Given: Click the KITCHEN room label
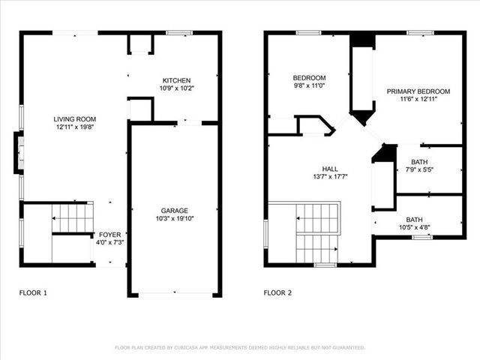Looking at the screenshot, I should [176, 80].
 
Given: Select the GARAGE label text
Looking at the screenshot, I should [174, 211].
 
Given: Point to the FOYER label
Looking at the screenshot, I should [109, 235].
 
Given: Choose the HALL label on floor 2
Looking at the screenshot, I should [330, 169].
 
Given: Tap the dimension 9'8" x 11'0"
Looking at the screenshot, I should [309, 86].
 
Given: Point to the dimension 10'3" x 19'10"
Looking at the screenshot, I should [174, 218].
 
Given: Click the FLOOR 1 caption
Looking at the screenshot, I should [33, 292].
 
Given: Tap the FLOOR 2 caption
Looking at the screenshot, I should [277, 292].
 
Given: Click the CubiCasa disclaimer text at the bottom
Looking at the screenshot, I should [240, 347].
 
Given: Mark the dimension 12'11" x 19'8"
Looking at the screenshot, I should [74, 127].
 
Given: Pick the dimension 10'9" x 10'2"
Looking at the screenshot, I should [176, 88].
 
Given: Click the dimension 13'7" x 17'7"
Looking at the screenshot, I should [330, 177].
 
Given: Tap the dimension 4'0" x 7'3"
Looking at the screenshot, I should [109, 242].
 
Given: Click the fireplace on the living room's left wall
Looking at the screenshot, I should [18, 153].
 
